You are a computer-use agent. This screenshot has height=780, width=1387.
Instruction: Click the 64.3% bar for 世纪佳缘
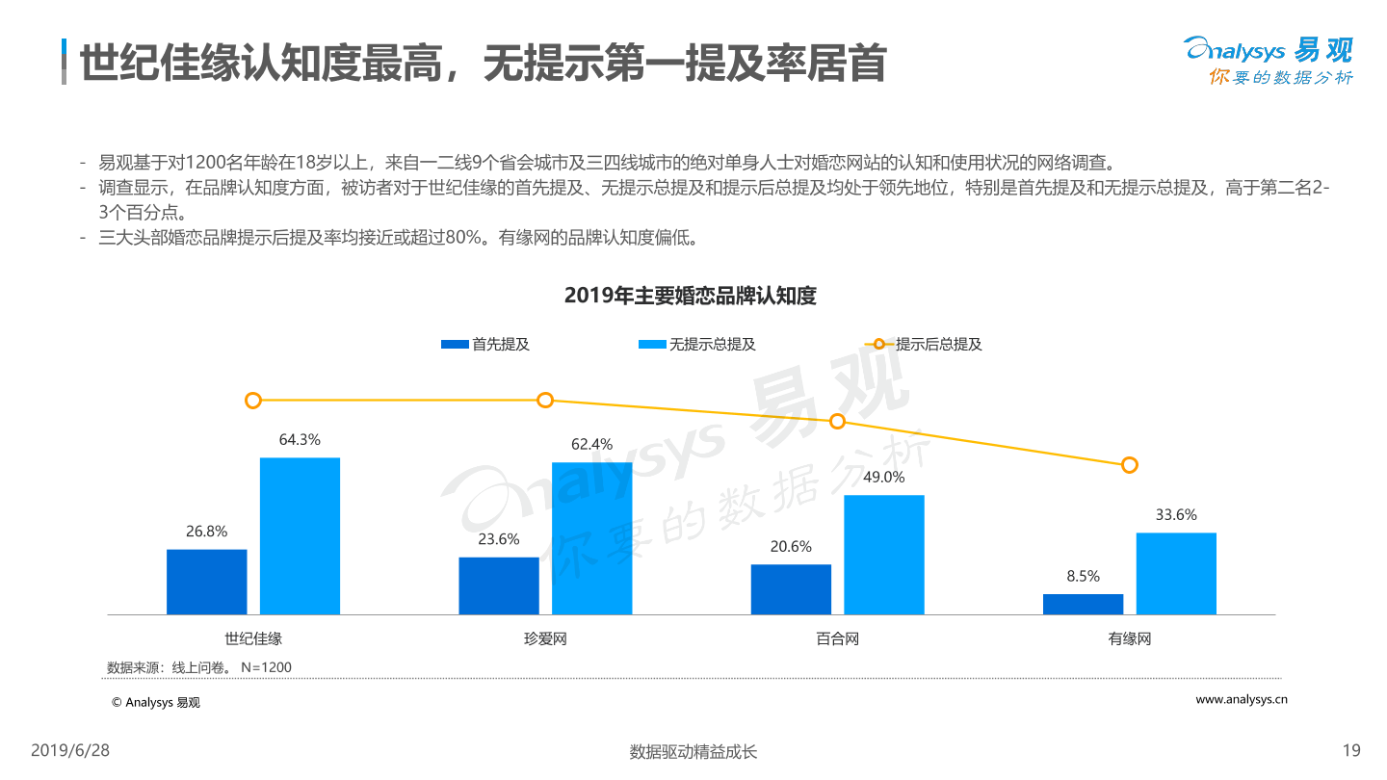300,535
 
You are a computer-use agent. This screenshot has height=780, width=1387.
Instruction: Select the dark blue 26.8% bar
206,582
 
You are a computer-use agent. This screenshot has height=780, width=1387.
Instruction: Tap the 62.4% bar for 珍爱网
591,538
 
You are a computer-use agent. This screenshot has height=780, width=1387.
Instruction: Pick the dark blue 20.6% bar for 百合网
791,589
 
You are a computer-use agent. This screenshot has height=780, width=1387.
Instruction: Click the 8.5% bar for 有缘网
1083,604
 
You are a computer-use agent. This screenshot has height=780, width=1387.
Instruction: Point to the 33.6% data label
1176,515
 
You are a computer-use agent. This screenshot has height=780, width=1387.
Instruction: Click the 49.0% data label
884,478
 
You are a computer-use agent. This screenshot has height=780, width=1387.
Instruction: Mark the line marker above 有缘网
1130,465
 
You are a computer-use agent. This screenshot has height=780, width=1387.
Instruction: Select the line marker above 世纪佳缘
253,401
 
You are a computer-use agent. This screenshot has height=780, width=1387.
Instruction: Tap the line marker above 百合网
838,422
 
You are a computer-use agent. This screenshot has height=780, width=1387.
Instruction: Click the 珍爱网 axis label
545,639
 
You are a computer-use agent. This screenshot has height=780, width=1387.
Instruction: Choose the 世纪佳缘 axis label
253,639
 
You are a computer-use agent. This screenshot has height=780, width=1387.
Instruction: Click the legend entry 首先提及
485,344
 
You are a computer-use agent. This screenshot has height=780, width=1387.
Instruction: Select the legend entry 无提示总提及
697,344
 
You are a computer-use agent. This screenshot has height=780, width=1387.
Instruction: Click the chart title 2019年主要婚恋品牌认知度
691,297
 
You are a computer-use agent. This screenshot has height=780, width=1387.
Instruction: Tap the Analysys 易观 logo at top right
1269,61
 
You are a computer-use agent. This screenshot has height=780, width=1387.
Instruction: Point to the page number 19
1350,751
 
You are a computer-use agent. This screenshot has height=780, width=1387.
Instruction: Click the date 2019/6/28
71,750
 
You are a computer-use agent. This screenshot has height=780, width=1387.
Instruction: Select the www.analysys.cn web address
1242,700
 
